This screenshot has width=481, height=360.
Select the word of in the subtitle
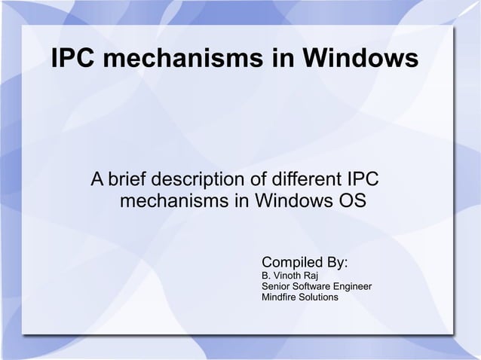(x=253, y=182)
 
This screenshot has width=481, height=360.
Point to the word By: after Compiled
(x=334, y=263)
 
